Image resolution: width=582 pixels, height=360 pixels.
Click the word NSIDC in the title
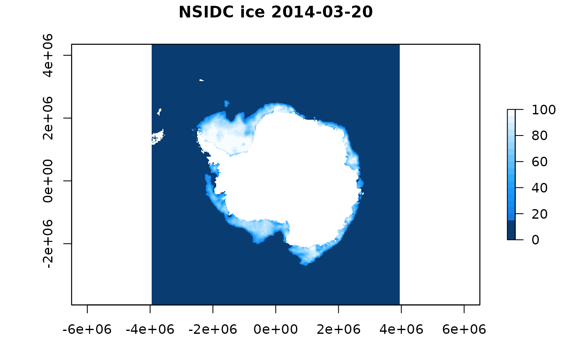(206, 12)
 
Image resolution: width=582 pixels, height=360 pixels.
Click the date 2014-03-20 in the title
(322, 12)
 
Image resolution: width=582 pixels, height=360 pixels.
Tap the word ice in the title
(252, 12)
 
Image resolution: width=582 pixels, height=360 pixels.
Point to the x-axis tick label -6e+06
(87, 329)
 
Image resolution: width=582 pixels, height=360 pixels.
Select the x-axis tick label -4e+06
(150, 329)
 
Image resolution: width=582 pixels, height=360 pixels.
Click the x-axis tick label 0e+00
(276, 329)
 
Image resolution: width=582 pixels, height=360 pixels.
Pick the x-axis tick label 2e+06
(338, 329)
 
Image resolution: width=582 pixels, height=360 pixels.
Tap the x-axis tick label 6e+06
(464, 329)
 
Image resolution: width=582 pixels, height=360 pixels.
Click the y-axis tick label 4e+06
(48, 55)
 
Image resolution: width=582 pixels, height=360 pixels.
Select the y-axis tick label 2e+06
(48, 118)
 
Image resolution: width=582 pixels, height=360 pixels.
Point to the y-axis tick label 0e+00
(48, 181)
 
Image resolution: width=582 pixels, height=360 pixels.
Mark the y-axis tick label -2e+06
(48, 244)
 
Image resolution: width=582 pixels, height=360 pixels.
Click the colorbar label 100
(544, 110)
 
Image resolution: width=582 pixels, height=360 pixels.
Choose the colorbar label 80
(540, 136)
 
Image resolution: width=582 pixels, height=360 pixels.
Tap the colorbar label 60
(540, 162)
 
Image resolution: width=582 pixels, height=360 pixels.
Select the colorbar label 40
(540, 188)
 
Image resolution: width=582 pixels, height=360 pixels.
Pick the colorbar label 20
(540, 214)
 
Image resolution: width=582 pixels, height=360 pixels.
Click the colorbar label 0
(535, 240)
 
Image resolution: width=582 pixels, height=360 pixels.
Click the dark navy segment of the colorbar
(511, 230)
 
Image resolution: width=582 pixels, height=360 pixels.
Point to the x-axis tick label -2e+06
(213, 329)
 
